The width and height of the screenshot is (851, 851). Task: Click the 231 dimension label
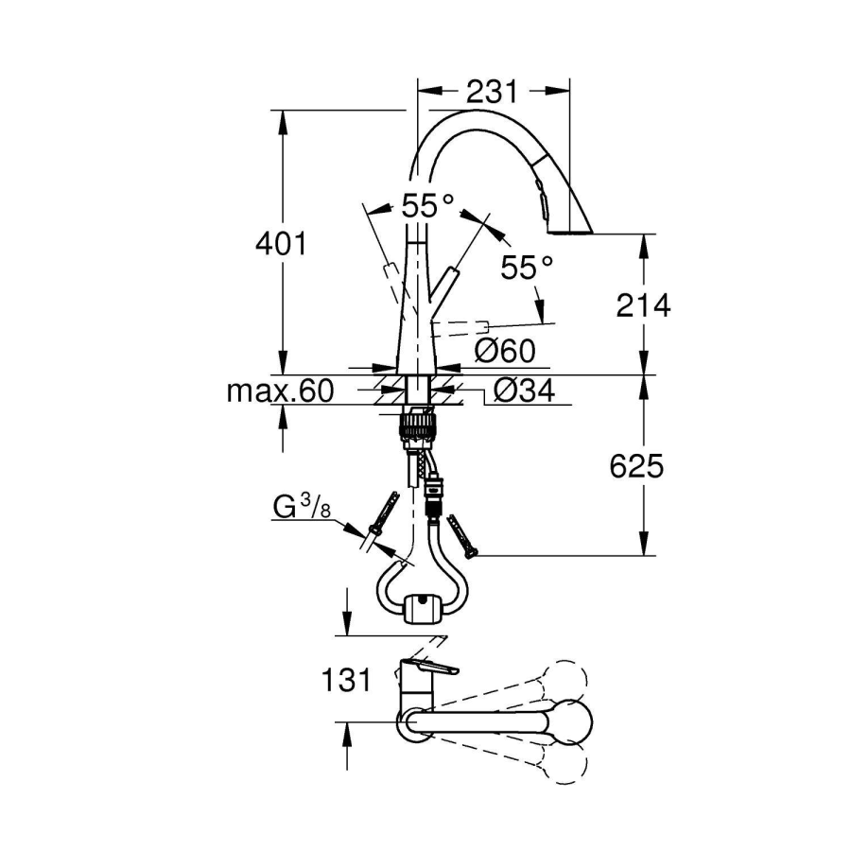[492, 92]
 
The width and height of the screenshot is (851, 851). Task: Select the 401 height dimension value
[281, 244]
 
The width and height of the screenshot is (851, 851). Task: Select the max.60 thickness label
[280, 391]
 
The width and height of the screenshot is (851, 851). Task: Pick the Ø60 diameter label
[505, 351]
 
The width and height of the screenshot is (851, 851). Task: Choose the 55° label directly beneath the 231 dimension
[427, 205]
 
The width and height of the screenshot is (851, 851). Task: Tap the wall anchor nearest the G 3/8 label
[382, 517]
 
